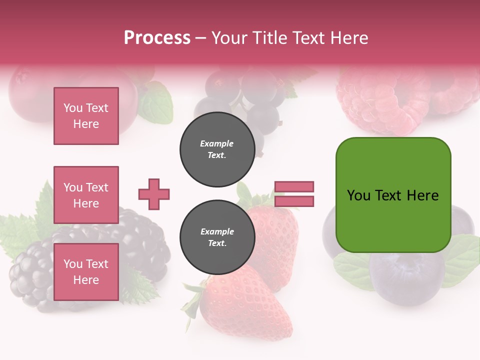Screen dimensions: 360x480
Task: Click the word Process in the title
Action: click(157, 37)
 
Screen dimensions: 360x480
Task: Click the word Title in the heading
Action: click(268, 38)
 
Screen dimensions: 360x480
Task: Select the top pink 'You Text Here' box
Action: click(86, 116)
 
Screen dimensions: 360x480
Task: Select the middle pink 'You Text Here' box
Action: click(86, 195)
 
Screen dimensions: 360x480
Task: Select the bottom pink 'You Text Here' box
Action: click(86, 271)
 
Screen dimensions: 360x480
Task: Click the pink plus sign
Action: click(154, 194)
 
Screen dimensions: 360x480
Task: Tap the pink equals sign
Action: click(294, 194)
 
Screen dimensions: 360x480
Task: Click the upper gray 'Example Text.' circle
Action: click(217, 149)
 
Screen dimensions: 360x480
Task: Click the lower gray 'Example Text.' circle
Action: click(217, 237)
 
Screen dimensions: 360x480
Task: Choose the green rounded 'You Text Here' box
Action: click(393, 195)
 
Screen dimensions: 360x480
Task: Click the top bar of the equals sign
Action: click(294, 187)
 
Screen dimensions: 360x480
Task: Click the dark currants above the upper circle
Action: click(250, 95)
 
